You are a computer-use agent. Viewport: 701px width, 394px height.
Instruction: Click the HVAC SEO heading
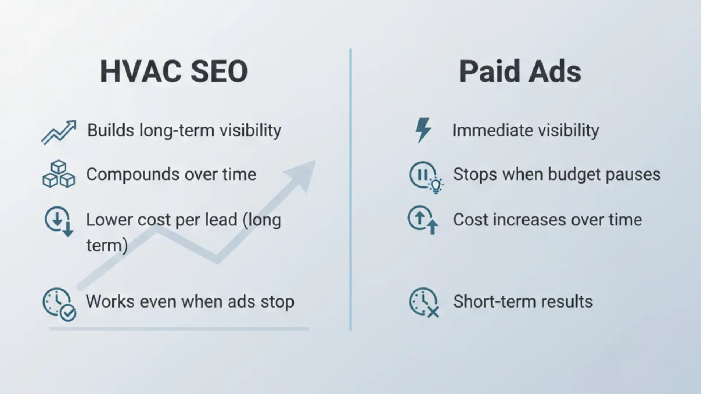click(x=174, y=72)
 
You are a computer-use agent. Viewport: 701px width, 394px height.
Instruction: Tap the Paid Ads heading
click(x=520, y=72)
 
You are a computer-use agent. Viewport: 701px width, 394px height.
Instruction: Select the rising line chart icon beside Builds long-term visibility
click(x=59, y=132)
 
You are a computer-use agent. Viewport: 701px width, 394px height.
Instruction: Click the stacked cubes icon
click(x=59, y=174)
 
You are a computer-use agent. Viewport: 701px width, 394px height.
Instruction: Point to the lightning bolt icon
click(x=423, y=130)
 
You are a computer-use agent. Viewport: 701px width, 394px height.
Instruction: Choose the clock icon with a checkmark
click(x=59, y=304)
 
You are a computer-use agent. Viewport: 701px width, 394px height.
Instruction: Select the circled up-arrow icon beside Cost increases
click(x=423, y=220)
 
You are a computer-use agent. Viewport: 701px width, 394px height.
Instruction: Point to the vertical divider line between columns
click(x=350, y=190)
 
